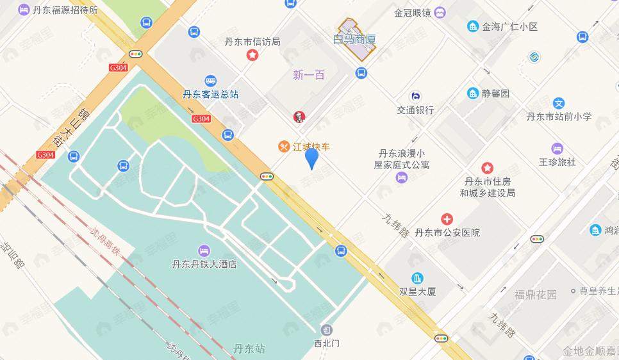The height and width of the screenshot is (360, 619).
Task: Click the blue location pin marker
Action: tap(311, 158)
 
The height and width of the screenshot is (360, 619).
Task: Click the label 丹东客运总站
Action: tap(210, 94)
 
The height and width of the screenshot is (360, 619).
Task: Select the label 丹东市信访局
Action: tap(252, 42)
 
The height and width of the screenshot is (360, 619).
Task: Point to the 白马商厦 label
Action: tap(354, 40)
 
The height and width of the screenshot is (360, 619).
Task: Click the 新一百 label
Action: tap(309, 75)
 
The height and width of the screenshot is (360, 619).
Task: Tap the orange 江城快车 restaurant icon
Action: tap(283, 147)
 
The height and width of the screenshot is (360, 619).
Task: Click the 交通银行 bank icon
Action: tap(415, 96)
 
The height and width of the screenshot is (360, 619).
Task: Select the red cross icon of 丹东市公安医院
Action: tap(447, 220)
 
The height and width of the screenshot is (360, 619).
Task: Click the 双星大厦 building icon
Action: tap(418, 278)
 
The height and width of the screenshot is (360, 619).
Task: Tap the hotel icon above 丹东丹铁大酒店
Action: tap(204, 250)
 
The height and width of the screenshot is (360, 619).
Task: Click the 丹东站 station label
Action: tap(249, 349)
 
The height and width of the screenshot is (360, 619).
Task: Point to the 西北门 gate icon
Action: tap(327, 330)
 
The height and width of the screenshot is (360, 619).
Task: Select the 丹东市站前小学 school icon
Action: tap(559, 103)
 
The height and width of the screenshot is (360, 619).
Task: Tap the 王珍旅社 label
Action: tap(557, 162)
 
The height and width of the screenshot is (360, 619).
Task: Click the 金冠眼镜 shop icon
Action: tap(440, 12)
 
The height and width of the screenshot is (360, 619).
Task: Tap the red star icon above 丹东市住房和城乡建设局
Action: tap(488, 168)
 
